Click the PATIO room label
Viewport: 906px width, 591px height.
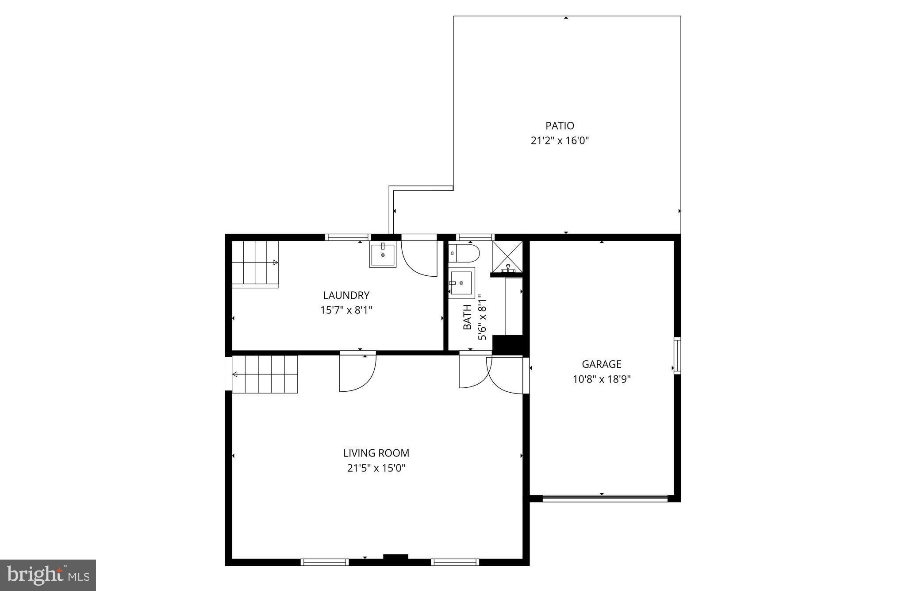click(560, 126)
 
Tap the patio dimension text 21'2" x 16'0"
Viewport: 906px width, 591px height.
click(560, 141)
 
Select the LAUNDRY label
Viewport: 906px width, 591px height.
click(346, 295)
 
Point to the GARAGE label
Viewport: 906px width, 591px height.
click(601, 364)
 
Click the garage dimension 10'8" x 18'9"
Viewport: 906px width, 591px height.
click(601, 379)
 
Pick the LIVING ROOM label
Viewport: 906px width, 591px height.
click(376, 453)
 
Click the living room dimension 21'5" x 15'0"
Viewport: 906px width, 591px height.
click(376, 468)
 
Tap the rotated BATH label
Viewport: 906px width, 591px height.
click(467, 317)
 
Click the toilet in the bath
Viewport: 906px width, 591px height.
click(465, 254)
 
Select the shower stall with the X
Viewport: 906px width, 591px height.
click(507, 256)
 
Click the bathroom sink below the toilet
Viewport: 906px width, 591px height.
click(461, 282)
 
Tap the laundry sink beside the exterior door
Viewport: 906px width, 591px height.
click(383, 255)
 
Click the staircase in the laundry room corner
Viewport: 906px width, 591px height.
click(255, 264)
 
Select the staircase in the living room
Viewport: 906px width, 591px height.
click(265, 375)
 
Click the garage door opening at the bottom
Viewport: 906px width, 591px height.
click(605, 498)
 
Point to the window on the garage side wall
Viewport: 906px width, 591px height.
click(677, 355)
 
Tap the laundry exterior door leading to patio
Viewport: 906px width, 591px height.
click(418, 257)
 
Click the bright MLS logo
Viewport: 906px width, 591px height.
click(48, 575)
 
